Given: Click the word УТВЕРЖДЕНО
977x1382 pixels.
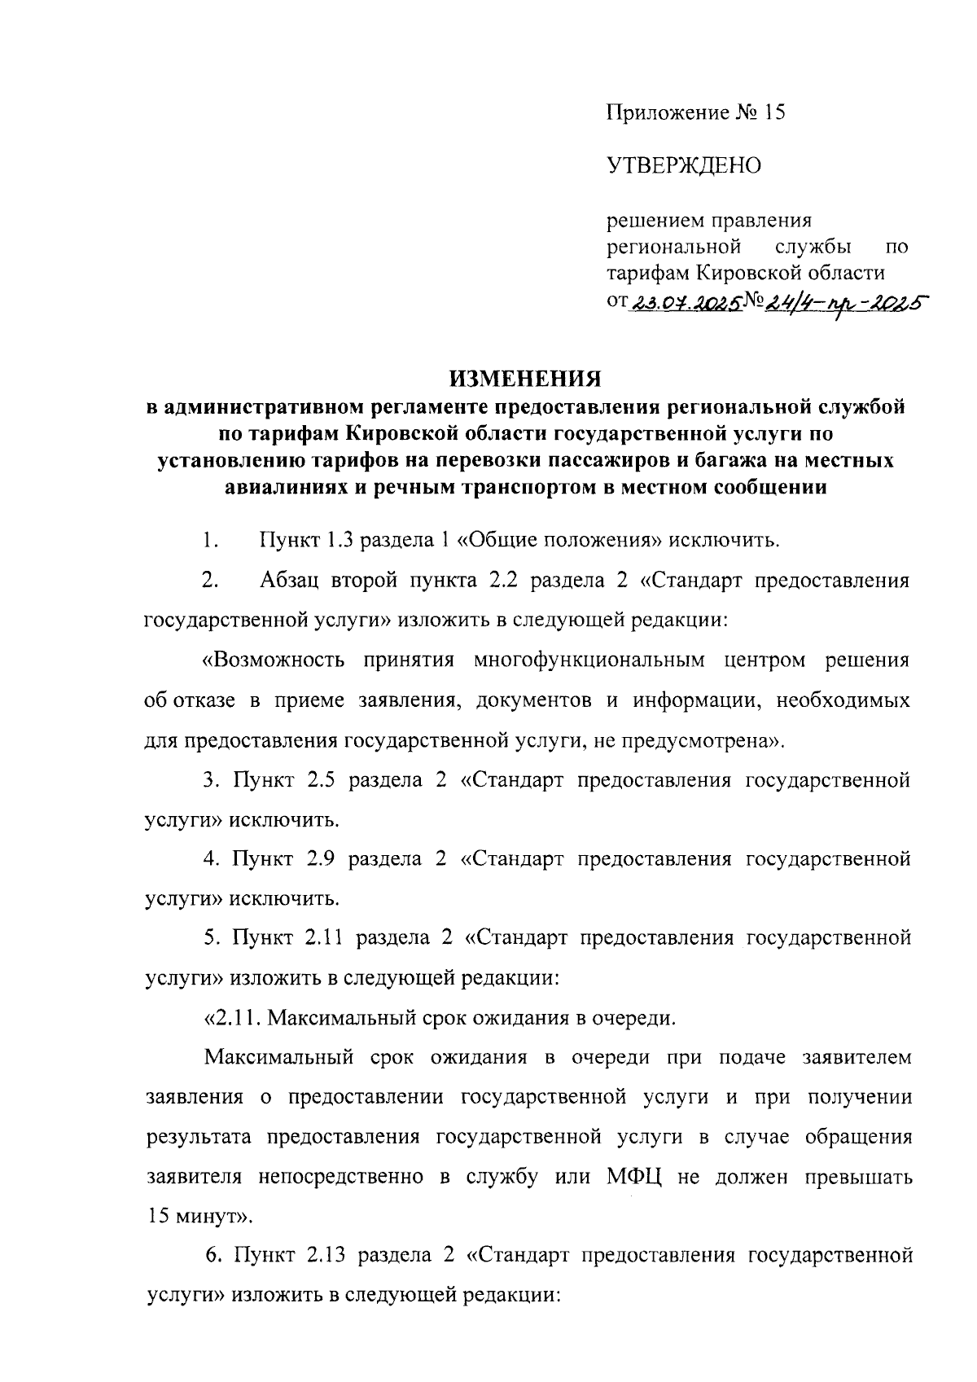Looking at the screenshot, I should pos(684,166).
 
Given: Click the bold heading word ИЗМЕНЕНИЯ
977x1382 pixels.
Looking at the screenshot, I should pos(526,380).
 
